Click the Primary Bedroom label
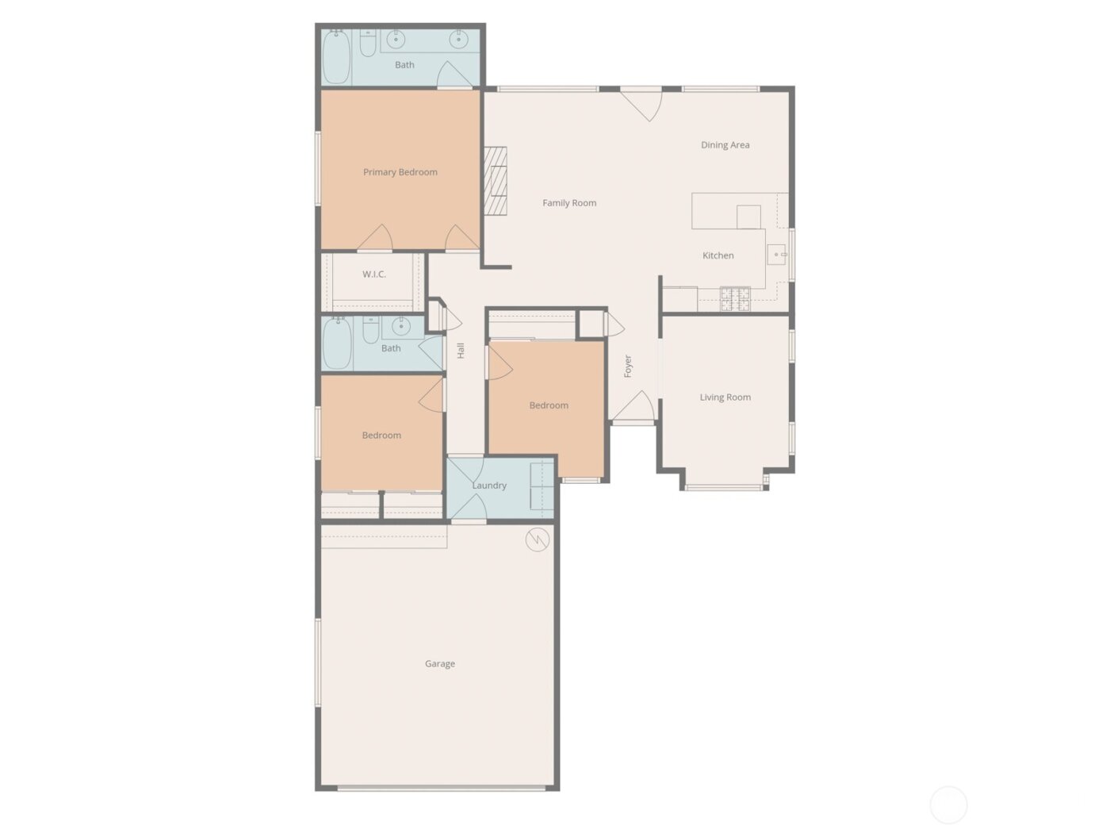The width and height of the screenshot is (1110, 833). point(400,172)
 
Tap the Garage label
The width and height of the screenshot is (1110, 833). point(440,664)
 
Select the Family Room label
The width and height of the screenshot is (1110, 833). point(569,203)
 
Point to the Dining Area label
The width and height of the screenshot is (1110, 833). point(725,145)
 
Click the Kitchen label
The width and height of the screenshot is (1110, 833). point(718,255)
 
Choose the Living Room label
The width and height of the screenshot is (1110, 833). point(725,397)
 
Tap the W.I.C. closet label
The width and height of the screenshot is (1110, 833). point(374,274)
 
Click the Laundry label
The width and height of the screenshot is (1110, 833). point(489,486)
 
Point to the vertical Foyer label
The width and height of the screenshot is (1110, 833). point(628,366)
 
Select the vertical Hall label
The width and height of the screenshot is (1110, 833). point(461,351)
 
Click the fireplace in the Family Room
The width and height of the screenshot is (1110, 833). point(496,181)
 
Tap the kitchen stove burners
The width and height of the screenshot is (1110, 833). point(735,299)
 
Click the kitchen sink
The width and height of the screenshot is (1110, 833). point(776,255)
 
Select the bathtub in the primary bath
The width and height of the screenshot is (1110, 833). point(336,56)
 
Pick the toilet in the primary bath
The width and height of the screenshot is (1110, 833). point(368,43)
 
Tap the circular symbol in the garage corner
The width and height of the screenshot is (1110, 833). point(538,540)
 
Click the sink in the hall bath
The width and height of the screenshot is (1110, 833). point(401,325)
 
